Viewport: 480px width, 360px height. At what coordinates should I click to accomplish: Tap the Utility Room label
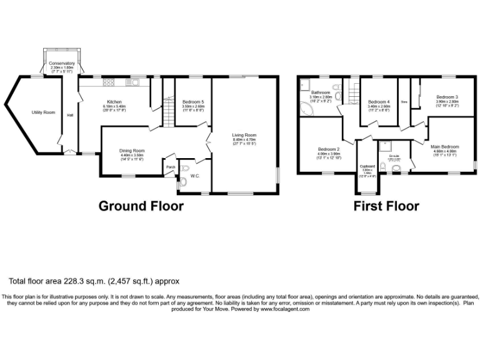[x=44, y=112]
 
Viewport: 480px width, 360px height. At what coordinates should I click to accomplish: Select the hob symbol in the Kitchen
[x=108, y=82]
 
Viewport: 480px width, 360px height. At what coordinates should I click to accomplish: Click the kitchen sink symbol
[x=134, y=82]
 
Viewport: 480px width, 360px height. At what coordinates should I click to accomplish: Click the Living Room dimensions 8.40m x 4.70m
[x=244, y=139]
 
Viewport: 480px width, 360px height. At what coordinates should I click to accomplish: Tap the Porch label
[x=170, y=167]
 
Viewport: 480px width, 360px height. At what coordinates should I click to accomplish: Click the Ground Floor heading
[x=141, y=206]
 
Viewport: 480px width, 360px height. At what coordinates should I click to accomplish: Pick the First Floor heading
[x=386, y=206]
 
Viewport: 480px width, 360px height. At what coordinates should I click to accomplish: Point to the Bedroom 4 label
[x=379, y=102]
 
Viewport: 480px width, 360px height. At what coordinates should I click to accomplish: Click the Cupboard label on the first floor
[x=367, y=166]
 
